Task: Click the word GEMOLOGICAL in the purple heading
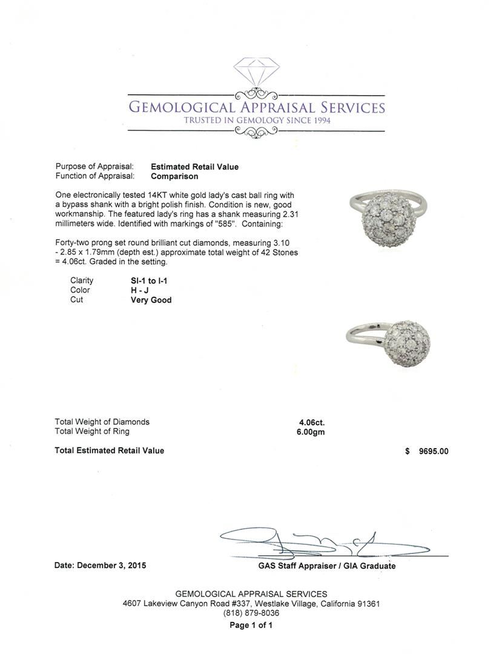(181, 108)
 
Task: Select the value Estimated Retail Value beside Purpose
(194, 167)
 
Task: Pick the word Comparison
(174, 176)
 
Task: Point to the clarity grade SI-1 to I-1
(150, 280)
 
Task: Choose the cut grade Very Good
(151, 300)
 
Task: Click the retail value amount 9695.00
(434, 451)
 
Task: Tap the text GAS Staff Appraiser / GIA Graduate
(326, 566)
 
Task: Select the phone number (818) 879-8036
(251, 613)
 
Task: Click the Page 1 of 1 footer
(251, 626)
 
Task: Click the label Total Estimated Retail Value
(109, 451)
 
